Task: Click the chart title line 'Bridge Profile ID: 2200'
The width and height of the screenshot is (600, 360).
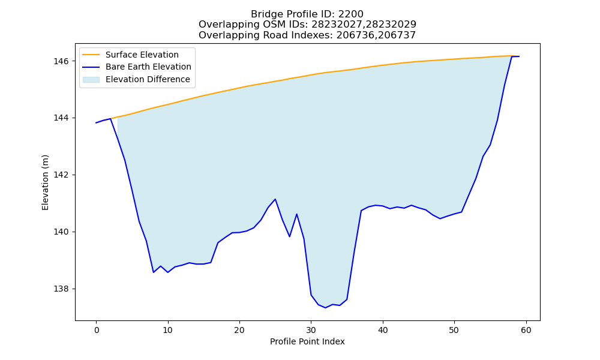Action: point(307,14)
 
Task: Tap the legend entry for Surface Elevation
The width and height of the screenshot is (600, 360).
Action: point(130,55)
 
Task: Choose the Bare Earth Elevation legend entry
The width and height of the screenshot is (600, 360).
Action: point(137,67)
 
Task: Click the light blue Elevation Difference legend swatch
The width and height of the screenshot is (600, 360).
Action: point(91,79)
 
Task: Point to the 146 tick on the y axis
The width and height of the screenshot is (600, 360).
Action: point(62,61)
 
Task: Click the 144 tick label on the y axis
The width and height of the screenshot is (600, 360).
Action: point(62,118)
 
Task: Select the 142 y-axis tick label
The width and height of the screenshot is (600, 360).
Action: point(62,175)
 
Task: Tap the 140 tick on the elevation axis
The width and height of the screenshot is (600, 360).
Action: point(62,232)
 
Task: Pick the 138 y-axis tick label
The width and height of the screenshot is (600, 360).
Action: point(62,289)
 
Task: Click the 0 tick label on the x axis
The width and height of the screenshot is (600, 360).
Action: point(96,330)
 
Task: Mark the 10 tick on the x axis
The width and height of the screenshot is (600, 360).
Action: point(167,330)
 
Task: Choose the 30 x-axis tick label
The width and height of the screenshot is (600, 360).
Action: point(311,330)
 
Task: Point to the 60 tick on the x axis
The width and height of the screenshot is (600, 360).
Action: point(526,330)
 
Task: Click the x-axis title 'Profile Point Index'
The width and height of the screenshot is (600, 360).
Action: point(307,341)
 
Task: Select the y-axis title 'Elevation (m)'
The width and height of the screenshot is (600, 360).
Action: point(45,182)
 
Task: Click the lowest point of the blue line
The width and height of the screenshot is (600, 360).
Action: point(325,308)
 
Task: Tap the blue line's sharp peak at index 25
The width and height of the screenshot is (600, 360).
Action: point(275,199)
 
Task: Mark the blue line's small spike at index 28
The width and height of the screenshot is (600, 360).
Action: point(296,214)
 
